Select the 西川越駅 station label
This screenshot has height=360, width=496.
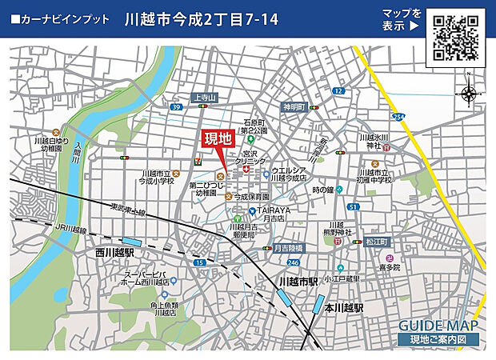click(107, 252)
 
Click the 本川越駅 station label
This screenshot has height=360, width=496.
click(344, 307)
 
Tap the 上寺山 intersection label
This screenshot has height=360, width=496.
click(206, 98)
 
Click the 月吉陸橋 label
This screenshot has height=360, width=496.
click(286, 248)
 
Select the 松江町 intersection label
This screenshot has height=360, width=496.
click(375, 241)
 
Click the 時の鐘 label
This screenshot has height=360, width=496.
click(322, 190)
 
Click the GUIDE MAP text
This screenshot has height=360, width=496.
click(438, 326)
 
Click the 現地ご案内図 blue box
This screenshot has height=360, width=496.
click(438, 340)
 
